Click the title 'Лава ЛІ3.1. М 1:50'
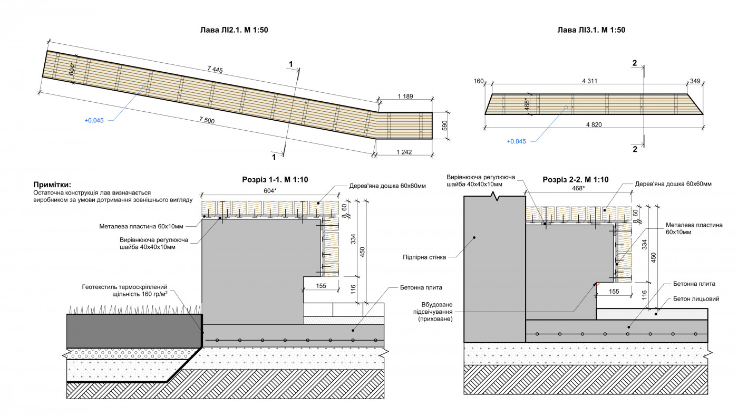(591, 30)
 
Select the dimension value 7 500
(207, 121)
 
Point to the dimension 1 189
(405, 96)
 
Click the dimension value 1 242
(403, 152)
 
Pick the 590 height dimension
(444, 126)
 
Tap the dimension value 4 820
(594, 125)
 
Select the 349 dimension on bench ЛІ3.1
(695, 81)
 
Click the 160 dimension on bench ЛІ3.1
(479, 81)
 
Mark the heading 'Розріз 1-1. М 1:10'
(275, 180)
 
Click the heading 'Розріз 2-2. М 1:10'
(576, 180)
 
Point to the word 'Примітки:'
(52, 185)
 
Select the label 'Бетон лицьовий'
(696, 299)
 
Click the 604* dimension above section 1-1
(270, 191)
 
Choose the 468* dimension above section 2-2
(578, 188)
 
